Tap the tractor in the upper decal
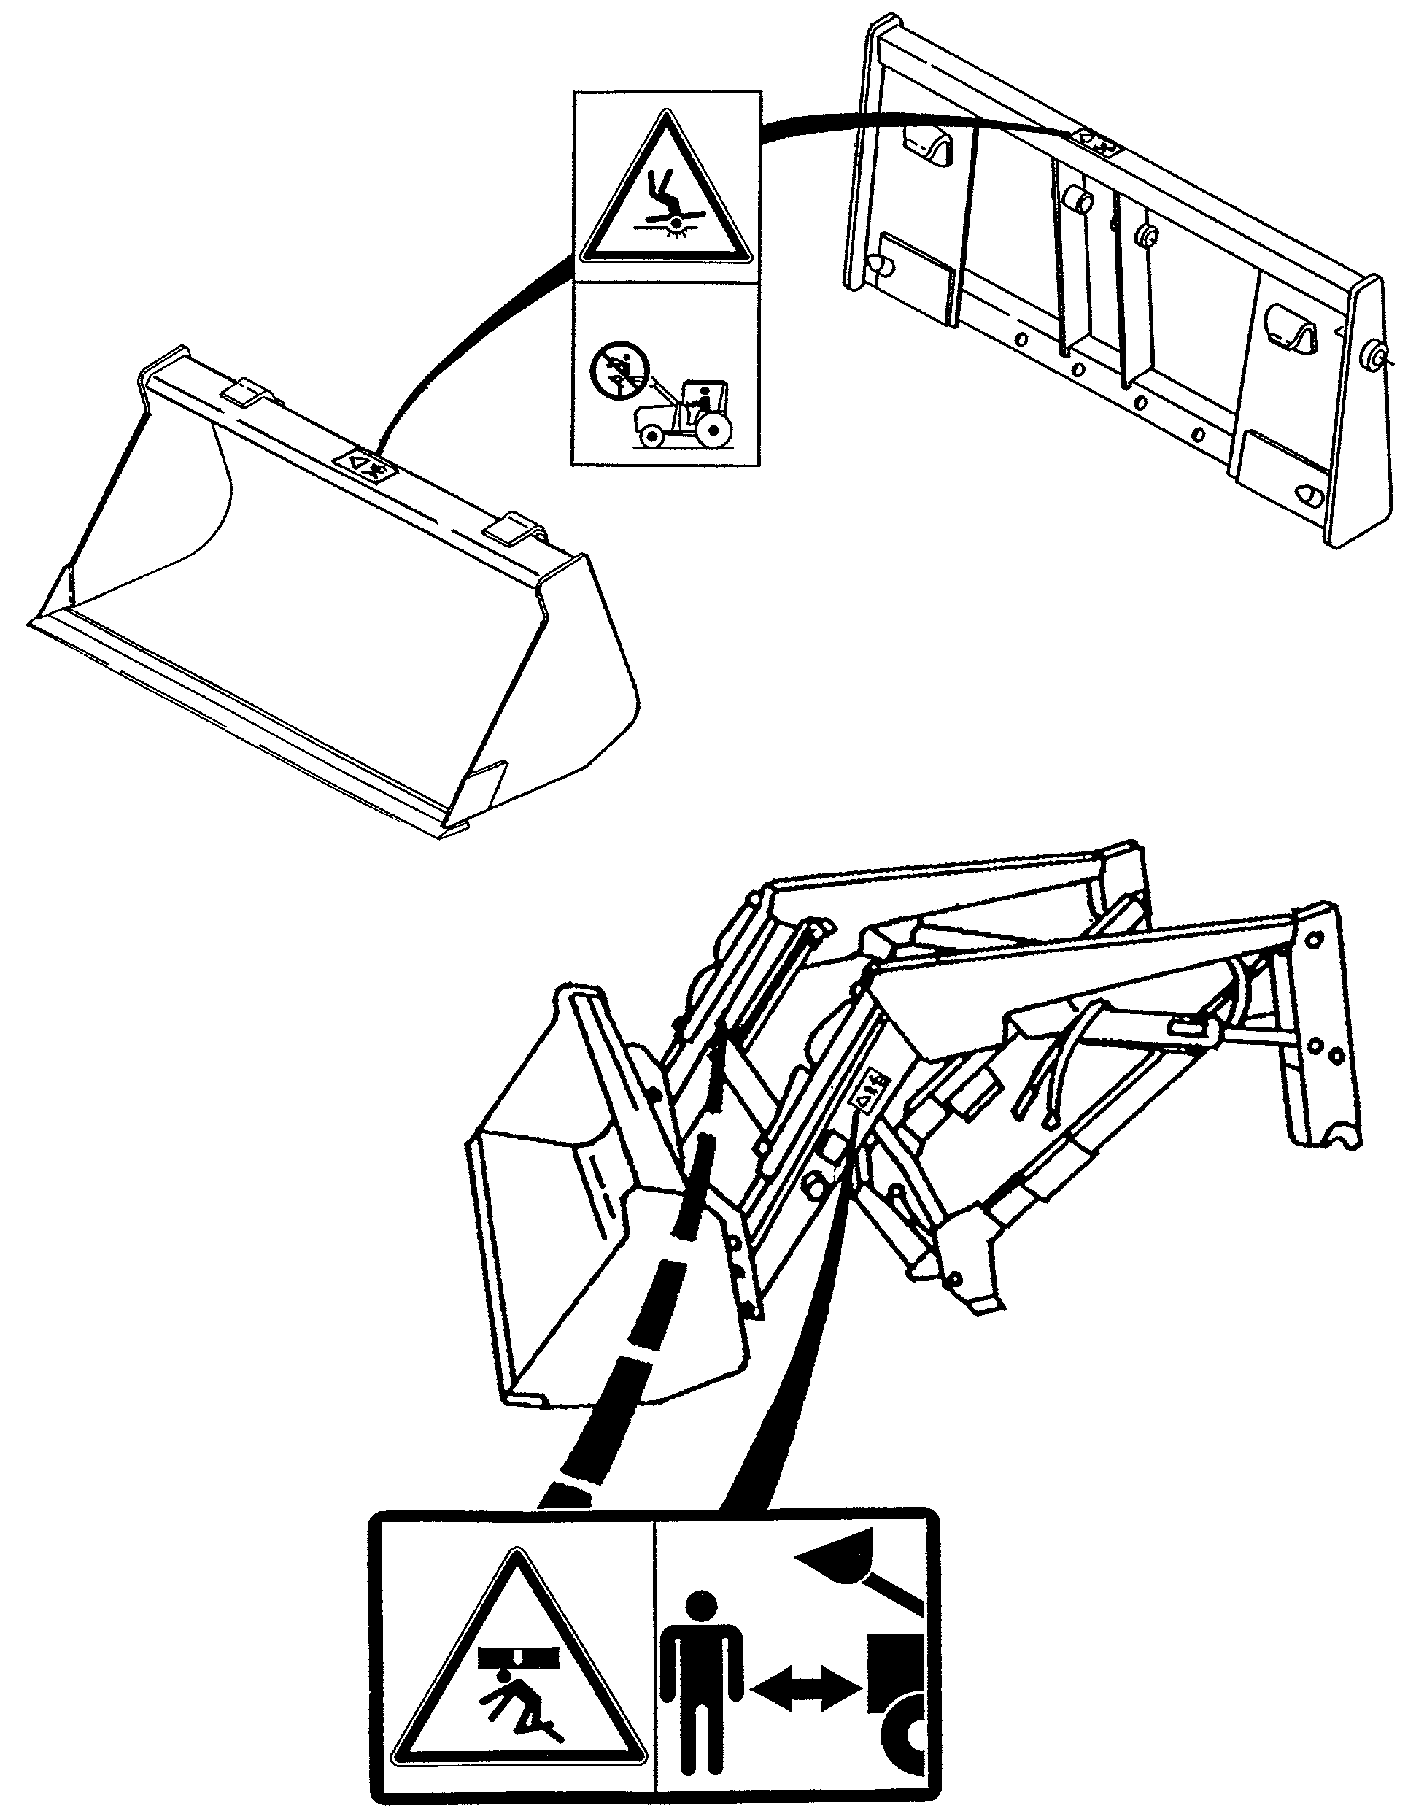coord(680,414)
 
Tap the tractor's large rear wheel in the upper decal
coord(712,430)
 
